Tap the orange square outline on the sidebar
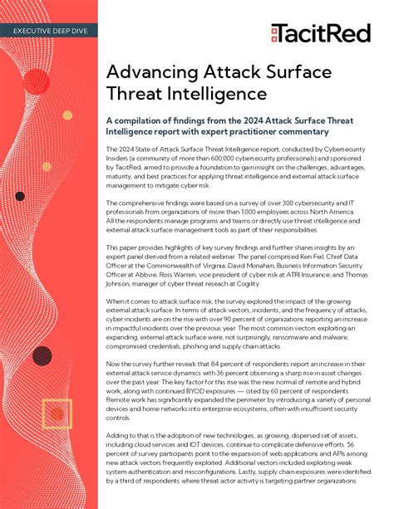click(57, 413)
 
